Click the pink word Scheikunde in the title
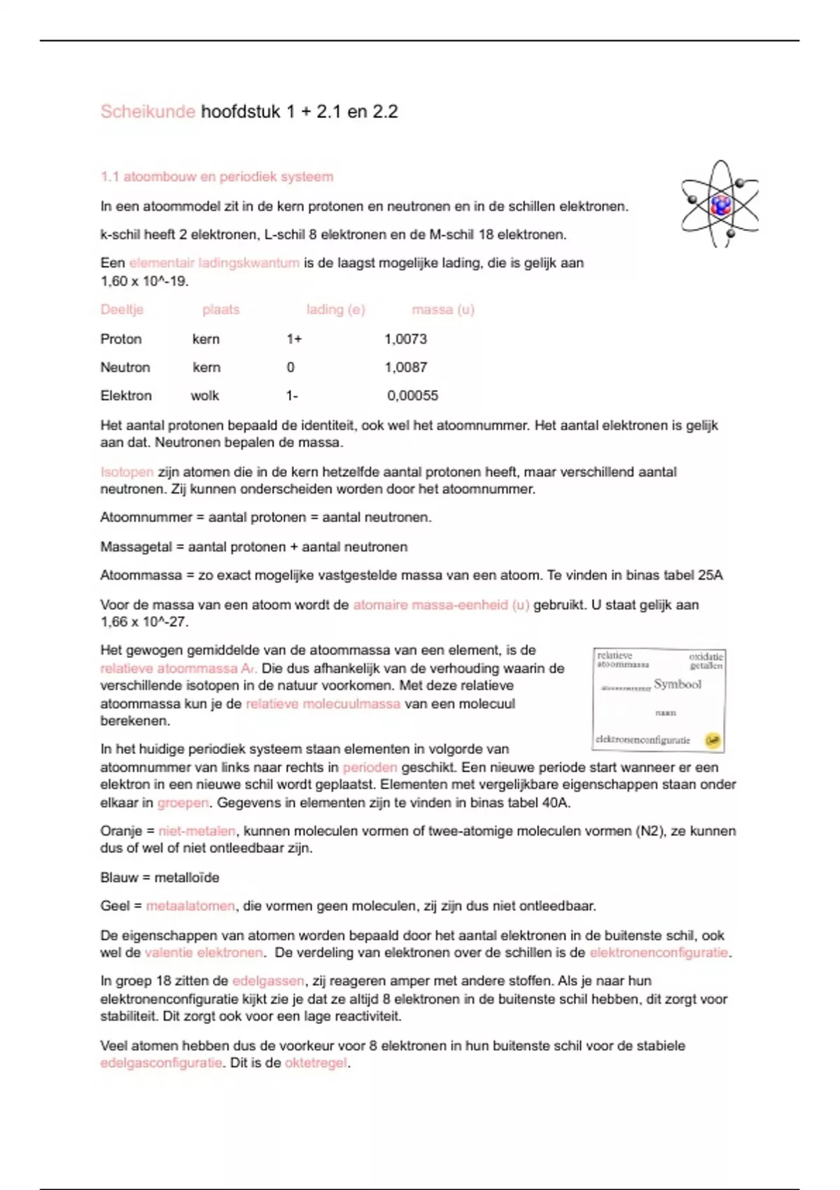click(148, 112)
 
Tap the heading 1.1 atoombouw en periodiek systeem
click(217, 177)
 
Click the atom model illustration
click(720, 204)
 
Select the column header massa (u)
click(442, 309)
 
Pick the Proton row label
click(121, 339)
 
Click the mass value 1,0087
click(405, 367)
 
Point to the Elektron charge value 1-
click(292, 396)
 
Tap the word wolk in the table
click(204, 396)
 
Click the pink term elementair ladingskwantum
click(214, 263)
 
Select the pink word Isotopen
click(127, 472)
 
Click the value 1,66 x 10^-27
click(144, 622)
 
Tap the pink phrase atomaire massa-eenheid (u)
click(441, 605)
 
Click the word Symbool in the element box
click(677, 684)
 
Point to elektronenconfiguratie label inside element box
click(643, 740)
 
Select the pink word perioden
click(370, 767)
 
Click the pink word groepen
click(183, 803)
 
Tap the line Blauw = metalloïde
click(160, 878)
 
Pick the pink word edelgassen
click(268, 981)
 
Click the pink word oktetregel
click(316, 1063)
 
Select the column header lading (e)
click(335, 309)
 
